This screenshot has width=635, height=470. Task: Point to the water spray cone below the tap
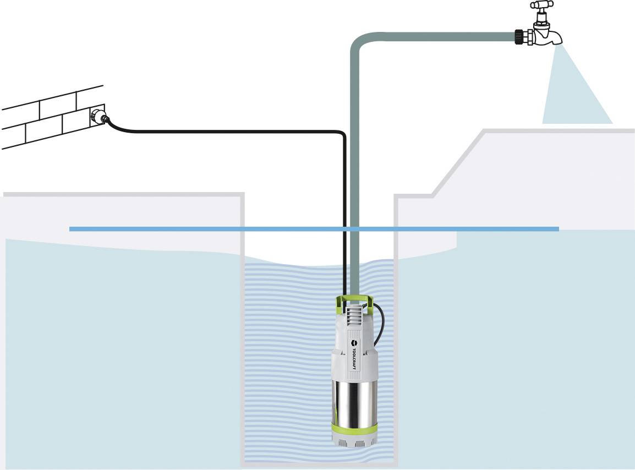point(575,94)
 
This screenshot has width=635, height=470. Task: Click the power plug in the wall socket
point(100,116)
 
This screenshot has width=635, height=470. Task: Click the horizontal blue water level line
point(220,229)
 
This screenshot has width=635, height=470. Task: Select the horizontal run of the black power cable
point(231,132)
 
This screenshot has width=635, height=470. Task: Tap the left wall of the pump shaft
point(243,330)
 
